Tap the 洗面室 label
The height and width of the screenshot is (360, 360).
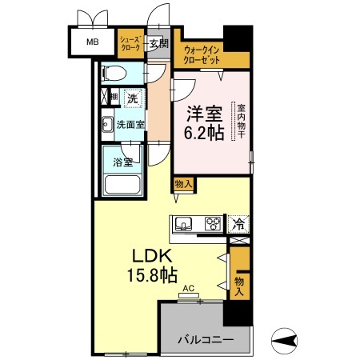tap(131, 124)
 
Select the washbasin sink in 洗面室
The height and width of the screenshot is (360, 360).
tap(107, 124)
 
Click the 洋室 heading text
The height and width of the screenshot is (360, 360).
tap(202, 114)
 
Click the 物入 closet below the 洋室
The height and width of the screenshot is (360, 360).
tap(183, 184)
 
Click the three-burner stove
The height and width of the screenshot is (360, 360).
tap(213, 224)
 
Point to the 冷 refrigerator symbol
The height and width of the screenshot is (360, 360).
tap(238, 224)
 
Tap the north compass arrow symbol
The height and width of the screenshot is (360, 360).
tap(286, 340)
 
